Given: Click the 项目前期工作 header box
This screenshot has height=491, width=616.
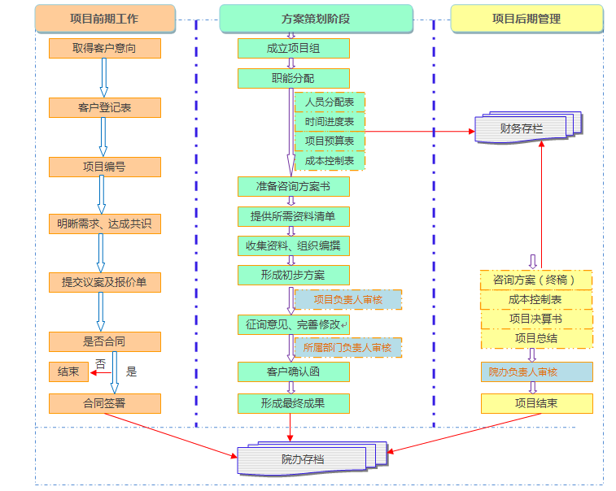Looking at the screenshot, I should tap(105, 18).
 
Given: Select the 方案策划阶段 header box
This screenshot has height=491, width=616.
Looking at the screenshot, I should tap(315, 18).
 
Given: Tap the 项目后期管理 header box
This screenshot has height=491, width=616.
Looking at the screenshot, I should tap(526, 18).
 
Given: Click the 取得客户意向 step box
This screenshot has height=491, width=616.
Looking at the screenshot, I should tap(104, 49).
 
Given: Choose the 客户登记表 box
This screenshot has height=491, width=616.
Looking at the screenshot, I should tap(104, 107).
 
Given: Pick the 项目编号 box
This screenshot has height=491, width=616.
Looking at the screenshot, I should tap(104, 167).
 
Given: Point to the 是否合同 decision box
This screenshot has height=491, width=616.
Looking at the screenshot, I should tap(104, 341).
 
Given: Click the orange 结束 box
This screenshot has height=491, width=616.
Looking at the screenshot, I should tap(68, 372).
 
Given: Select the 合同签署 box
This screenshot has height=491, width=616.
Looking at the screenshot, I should tap(104, 403).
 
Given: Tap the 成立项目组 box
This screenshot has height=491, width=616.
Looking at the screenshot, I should tap(293, 49).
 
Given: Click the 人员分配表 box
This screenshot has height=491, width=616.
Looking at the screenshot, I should tap(330, 102).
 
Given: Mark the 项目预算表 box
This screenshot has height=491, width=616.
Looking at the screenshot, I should tap(330, 141).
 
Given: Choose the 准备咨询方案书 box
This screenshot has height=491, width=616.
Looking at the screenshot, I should tap(293, 186).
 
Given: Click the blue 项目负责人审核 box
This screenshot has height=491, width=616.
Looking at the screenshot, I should tap(347, 299).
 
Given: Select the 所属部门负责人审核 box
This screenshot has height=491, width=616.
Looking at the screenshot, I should tap(347, 348).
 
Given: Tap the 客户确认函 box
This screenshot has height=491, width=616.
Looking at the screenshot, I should tap(293, 372).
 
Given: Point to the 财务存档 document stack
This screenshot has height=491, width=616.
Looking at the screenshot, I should tap(523, 128).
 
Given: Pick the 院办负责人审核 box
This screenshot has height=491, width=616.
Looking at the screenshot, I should tap(535, 372).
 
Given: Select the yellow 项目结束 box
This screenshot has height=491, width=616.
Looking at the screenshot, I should tap(535, 403).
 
